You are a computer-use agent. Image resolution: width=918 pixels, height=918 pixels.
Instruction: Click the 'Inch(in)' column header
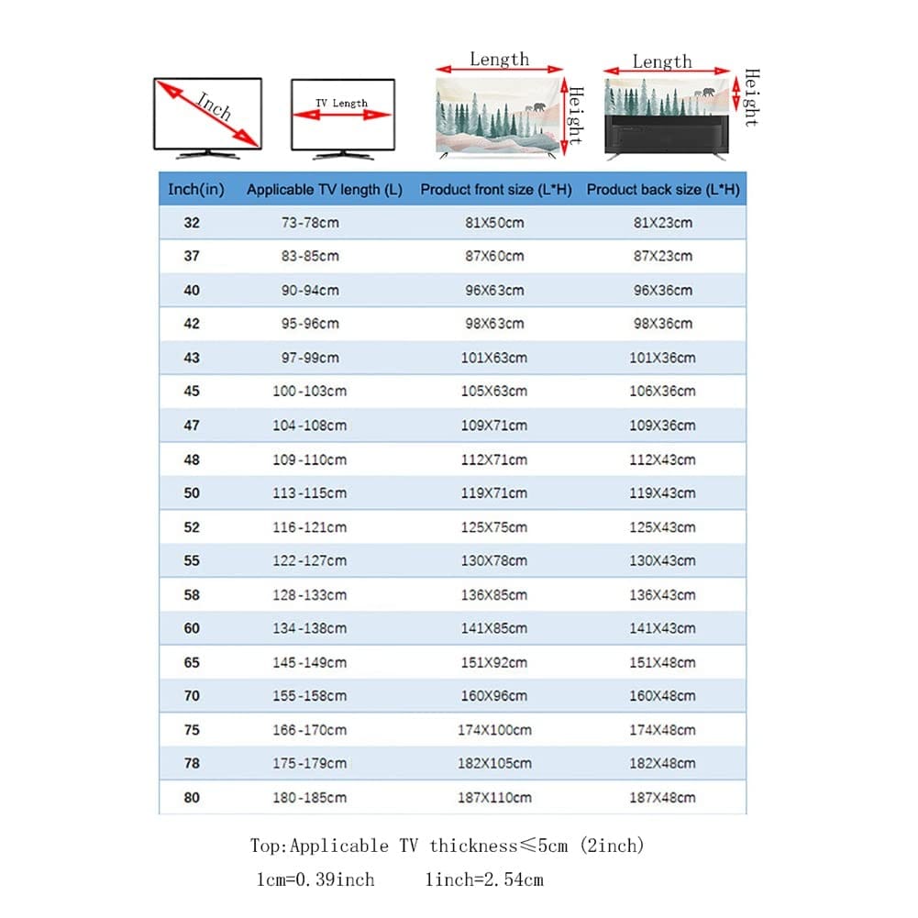point(195,190)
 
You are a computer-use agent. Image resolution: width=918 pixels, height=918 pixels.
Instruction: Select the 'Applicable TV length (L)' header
point(324,190)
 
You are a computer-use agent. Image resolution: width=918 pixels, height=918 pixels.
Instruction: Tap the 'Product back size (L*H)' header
point(662,190)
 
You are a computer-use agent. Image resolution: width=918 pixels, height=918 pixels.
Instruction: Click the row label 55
point(191,560)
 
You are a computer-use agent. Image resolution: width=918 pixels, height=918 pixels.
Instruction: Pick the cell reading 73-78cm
point(310,223)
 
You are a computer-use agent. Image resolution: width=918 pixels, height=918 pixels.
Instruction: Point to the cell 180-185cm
point(310,798)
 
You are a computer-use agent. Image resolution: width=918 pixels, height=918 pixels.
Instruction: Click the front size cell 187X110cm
point(494,798)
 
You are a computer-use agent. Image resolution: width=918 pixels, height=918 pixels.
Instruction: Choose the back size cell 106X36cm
point(662,392)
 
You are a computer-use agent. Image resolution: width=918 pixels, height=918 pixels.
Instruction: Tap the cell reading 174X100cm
point(494,730)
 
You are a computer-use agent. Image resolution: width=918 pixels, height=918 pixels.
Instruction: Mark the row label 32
point(191,223)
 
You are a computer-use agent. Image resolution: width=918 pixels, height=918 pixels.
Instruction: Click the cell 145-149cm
point(310,662)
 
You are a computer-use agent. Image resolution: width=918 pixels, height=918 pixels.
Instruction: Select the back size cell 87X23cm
point(662,257)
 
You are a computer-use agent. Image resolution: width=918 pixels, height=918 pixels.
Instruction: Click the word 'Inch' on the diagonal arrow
point(214,107)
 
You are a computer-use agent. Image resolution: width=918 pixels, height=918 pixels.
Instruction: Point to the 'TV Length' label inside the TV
point(341,104)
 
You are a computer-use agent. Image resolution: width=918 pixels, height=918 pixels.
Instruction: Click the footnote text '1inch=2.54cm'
point(484,879)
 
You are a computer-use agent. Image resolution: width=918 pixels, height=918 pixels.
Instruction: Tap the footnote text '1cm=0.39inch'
point(315,879)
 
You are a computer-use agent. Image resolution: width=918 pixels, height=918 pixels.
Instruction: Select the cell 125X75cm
point(494,527)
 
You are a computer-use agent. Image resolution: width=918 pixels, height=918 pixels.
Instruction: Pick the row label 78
point(191,764)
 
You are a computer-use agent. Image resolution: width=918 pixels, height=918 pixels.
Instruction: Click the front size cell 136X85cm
point(494,595)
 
